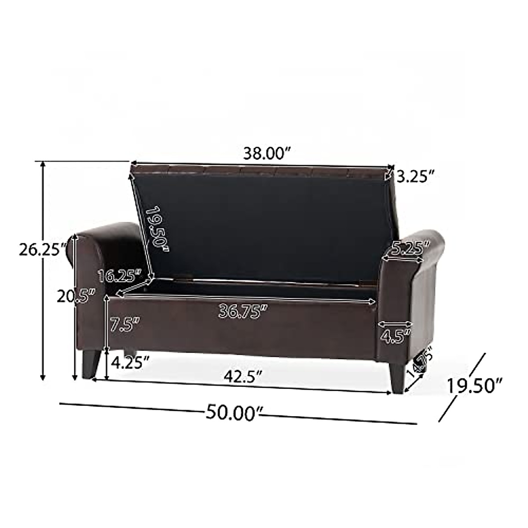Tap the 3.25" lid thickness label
pyautogui.click(x=415, y=177)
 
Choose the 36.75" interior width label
pyautogui.click(x=243, y=312)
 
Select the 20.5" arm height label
pyautogui.click(x=76, y=297)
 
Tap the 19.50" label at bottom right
pyautogui.click(x=475, y=386)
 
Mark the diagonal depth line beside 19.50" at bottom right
pyautogui.click(x=462, y=387)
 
